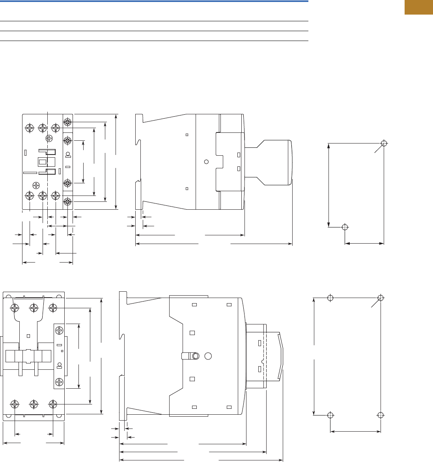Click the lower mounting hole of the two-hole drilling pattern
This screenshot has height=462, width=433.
click(345, 227)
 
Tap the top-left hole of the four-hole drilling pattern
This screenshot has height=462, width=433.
click(330, 298)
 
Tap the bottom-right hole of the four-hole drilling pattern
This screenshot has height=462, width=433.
click(381, 415)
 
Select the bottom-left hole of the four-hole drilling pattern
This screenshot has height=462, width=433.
click(330, 415)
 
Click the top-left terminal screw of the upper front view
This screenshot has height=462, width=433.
click(30, 128)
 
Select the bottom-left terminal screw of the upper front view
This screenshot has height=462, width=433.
click(30, 196)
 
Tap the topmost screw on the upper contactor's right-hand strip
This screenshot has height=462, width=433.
click(67, 122)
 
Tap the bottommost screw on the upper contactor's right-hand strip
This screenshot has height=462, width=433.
click(67, 202)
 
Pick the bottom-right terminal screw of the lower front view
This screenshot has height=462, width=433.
click(53, 404)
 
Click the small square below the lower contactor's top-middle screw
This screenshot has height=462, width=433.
click(28, 336)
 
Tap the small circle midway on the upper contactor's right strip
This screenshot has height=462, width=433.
click(67, 154)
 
